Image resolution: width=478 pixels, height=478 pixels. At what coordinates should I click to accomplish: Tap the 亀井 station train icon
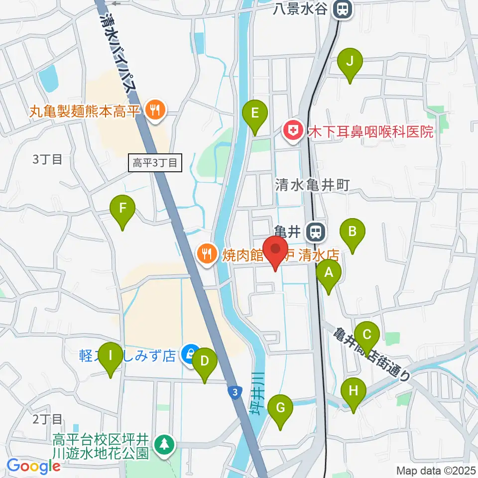315,231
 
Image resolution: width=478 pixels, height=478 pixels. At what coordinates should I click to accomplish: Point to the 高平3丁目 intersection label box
155,162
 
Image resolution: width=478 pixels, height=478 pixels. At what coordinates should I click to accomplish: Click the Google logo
34,466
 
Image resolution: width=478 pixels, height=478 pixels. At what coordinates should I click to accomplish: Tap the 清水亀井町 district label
313,185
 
